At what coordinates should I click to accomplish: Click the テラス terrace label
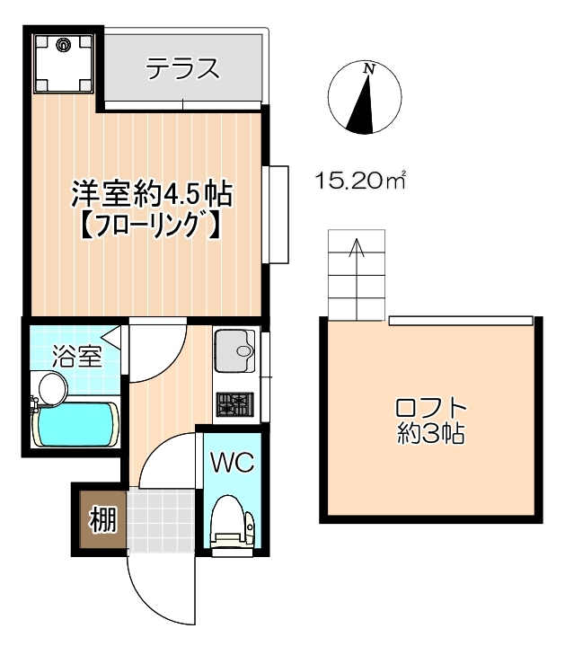182,68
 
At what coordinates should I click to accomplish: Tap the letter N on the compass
369,68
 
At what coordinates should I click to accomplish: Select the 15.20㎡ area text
361,181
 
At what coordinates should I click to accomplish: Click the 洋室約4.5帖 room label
152,194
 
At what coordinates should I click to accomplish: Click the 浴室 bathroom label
77,356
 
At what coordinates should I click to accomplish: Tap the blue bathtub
75,423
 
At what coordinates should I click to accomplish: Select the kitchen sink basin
234,351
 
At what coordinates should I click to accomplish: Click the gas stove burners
234,404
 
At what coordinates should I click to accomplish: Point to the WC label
232,462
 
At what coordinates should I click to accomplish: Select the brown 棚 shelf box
102,519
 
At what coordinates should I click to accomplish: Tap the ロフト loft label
430,408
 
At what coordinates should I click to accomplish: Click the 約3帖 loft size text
430,433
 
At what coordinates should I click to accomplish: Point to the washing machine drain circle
64,44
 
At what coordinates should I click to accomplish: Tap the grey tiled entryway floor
161,521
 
